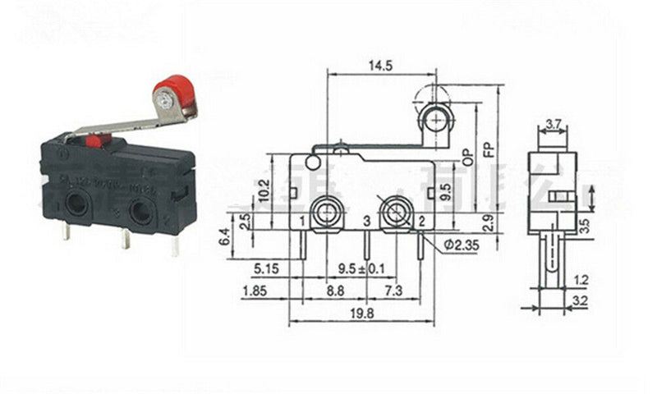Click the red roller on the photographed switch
171,92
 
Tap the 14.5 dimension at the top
379,63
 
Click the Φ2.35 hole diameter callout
461,245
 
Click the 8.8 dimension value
336,291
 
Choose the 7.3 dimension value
396,291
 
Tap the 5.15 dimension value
265,268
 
